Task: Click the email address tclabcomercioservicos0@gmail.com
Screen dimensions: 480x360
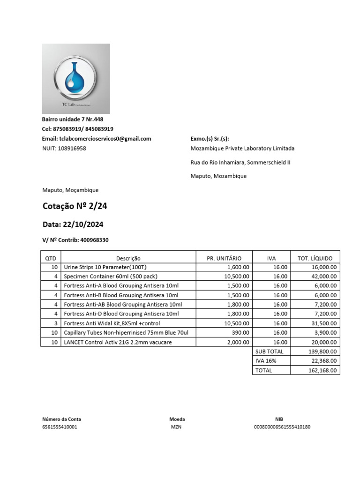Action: click(x=105, y=139)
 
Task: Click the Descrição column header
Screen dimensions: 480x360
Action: click(x=128, y=258)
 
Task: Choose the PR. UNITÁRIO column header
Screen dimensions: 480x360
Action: click(x=224, y=258)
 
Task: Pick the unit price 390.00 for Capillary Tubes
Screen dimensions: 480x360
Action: click(x=241, y=333)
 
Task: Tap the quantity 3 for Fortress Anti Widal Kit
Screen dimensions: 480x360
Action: click(x=56, y=323)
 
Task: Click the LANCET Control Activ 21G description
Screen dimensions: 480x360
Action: click(x=118, y=342)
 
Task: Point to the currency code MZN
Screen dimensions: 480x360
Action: click(x=176, y=427)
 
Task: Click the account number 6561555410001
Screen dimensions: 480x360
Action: click(x=60, y=427)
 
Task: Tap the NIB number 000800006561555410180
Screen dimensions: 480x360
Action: click(x=282, y=427)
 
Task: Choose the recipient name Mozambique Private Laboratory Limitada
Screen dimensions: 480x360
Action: click(x=242, y=149)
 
